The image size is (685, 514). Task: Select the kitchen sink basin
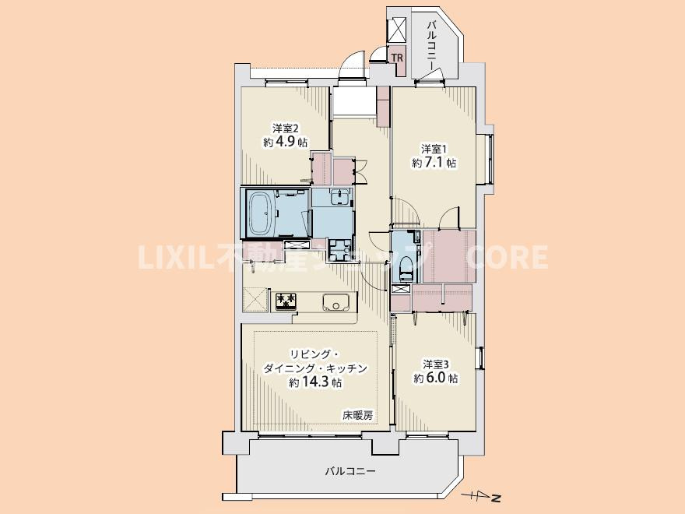[x=335, y=302]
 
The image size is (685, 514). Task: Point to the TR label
[x=397, y=58]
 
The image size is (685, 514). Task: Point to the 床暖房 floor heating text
[x=357, y=416]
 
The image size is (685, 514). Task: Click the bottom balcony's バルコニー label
[x=350, y=472]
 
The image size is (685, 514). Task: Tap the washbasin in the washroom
[x=339, y=197]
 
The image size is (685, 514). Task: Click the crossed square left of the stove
[x=254, y=299]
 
